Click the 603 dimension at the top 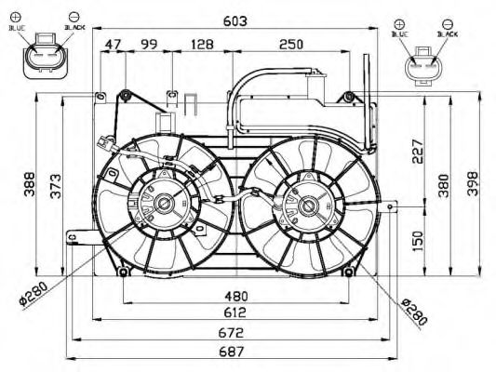point(234,21)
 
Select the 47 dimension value point(114,44)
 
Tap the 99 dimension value point(149,44)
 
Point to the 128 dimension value point(202,44)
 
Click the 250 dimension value point(290,44)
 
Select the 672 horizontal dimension point(233,333)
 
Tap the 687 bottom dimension point(233,352)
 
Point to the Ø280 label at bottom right point(415,311)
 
